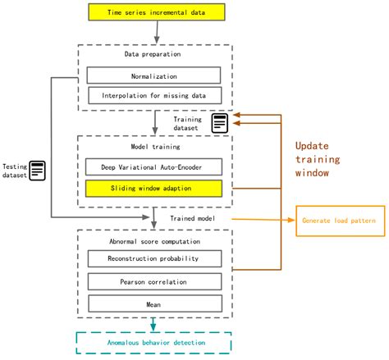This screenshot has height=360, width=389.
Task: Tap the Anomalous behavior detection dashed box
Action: [153, 343]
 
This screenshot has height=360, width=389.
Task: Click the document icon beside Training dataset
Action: [220, 123]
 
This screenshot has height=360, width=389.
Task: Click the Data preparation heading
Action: [153, 55]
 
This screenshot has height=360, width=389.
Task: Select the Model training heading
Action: [153, 147]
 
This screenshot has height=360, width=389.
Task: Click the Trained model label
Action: [194, 219]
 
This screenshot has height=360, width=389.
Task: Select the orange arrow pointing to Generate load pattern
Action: [263, 219]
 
